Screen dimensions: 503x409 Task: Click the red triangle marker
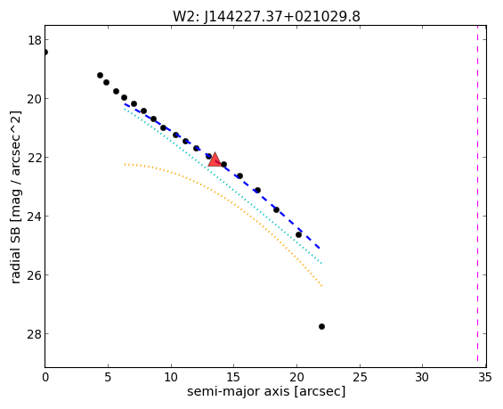215,160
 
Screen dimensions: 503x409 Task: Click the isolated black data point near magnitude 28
321,326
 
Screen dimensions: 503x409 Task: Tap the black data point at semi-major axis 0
45,52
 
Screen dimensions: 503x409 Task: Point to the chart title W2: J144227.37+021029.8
266,16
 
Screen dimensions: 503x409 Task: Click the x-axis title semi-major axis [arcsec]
266,392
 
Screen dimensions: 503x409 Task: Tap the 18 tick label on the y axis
35,40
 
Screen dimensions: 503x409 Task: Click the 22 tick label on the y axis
35,158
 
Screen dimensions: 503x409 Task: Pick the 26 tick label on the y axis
35,275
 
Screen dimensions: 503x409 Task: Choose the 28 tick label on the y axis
35,334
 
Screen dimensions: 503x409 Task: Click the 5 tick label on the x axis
108,377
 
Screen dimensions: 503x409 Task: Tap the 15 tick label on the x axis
233,377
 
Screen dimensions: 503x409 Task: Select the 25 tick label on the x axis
360,377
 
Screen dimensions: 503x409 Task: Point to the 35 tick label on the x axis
485,377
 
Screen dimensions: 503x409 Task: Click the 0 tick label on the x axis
45,377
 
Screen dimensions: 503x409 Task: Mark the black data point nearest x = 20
298,234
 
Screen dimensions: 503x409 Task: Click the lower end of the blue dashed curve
320,248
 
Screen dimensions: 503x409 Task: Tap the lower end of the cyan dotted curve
321,263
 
